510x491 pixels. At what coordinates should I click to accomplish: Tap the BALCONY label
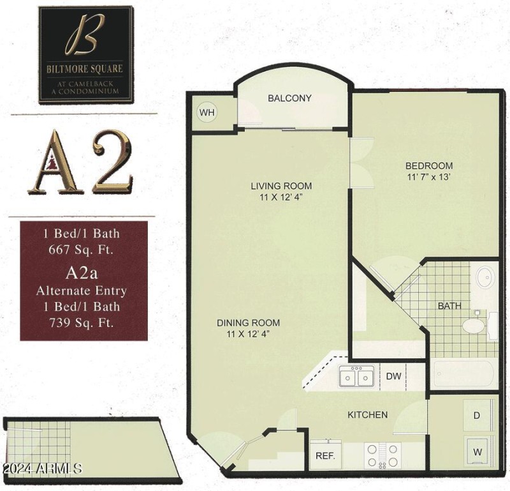(289, 98)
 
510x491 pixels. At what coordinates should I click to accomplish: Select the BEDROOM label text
(430, 166)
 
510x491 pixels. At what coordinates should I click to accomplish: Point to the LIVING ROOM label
(281, 186)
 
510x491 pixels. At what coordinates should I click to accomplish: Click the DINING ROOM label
(248, 322)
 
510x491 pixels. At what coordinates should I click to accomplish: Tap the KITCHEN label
(367, 414)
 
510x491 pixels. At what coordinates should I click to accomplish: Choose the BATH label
(449, 306)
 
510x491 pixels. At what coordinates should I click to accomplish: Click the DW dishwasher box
(394, 376)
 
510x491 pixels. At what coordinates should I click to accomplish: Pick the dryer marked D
(476, 416)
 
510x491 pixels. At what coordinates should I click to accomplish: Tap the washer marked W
(476, 451)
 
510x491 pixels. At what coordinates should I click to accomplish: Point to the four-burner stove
(383, 455)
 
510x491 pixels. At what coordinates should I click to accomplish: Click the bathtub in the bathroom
(463, 375)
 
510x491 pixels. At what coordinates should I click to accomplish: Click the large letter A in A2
(54, 163)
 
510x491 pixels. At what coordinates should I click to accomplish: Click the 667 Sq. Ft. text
(84, 250)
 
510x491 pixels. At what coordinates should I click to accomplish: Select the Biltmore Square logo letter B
(84, 40)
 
